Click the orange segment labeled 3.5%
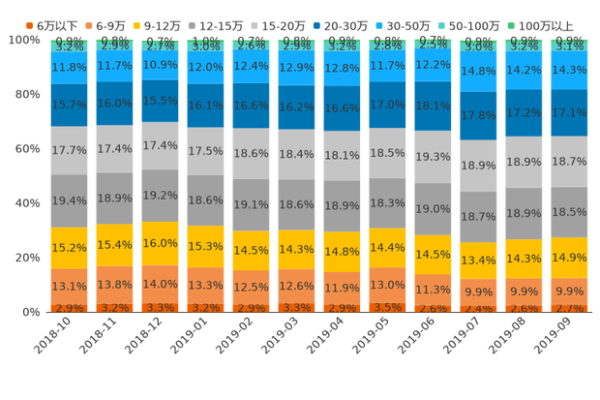(388, 307)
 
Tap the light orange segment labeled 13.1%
(69, 286)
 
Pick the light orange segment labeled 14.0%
(160, 284)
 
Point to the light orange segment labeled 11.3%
(434, 289)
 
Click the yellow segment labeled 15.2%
(69, 247)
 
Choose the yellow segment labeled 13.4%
(479, 261)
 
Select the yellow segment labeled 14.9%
(570, 258)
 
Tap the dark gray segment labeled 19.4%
(69, 200)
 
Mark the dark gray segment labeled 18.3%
(388, 203)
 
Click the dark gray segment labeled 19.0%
(434, 208)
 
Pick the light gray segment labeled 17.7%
(69, 150)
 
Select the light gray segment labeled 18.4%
(297, 154)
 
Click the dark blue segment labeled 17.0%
(388, 104)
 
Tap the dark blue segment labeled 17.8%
(479, 115)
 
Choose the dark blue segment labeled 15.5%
(160, 101)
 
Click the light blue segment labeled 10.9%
(160, 66)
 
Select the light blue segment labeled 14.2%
(525, 70)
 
